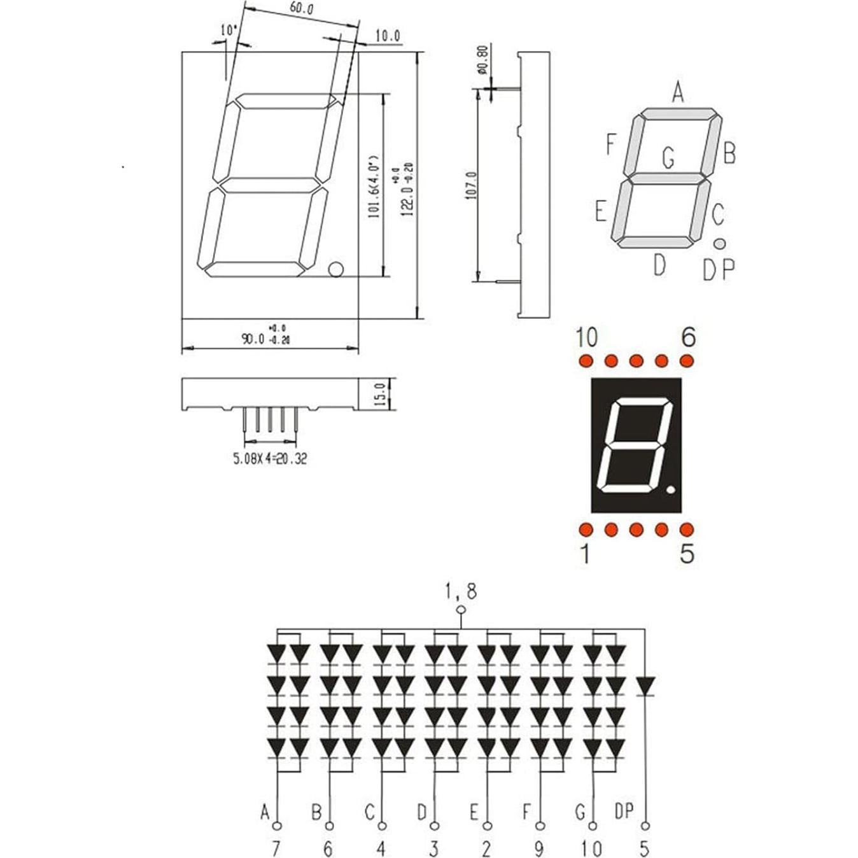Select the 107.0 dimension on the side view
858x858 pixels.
(x=472, y=185)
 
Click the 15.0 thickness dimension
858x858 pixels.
(x=380, y=395)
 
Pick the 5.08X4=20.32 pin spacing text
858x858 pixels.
(x=270, y=458)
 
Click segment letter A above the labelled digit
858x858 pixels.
(x=679, y=93)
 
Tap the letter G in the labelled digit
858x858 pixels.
(x=668, y=157)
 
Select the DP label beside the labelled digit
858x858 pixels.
(x=719, y=270)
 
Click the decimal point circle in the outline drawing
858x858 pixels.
(x=335, y=269)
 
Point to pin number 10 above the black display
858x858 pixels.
(x=586, y=337)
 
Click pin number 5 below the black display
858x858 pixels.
(x=687, y=554)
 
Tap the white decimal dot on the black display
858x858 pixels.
(x=670, y=491)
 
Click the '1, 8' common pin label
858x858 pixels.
(x=461, y=591)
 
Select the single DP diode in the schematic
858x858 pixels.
(x=646, y=686)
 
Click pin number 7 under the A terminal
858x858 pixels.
(x=276, y=848)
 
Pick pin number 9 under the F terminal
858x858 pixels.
(x=539, y=848)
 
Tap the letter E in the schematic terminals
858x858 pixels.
(x=474, y=812)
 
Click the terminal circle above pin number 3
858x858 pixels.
(x=435, y=826)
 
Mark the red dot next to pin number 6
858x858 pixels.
(x=686, y=361)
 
